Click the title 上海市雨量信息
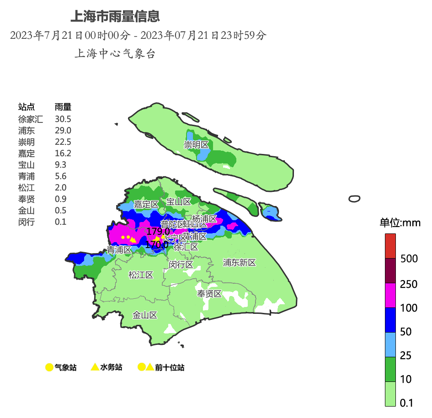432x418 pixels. point(115,16)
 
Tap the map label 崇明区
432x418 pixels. point(196,145)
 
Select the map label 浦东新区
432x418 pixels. point(239,263)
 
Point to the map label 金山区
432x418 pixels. point(145,315)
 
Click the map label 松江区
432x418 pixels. point(140,275)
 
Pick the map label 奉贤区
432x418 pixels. point(209,294)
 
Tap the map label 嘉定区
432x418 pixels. point(146,205)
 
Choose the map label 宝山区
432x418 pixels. point(178,202)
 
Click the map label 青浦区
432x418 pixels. point(119,250)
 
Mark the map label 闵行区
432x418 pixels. point(181,265)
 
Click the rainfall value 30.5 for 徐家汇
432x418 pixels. point(63,119)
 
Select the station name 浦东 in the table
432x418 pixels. point(27,131)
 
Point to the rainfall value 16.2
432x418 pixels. point(63,153)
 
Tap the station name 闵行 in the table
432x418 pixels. point(27,222)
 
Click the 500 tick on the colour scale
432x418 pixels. point(409,259)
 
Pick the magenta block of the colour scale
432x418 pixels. point(390,295)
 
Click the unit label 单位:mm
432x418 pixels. point(400,223)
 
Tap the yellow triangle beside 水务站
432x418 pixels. point(95,367)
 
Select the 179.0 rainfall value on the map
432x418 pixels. point(158,232)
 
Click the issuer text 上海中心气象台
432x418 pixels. point(115,54)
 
